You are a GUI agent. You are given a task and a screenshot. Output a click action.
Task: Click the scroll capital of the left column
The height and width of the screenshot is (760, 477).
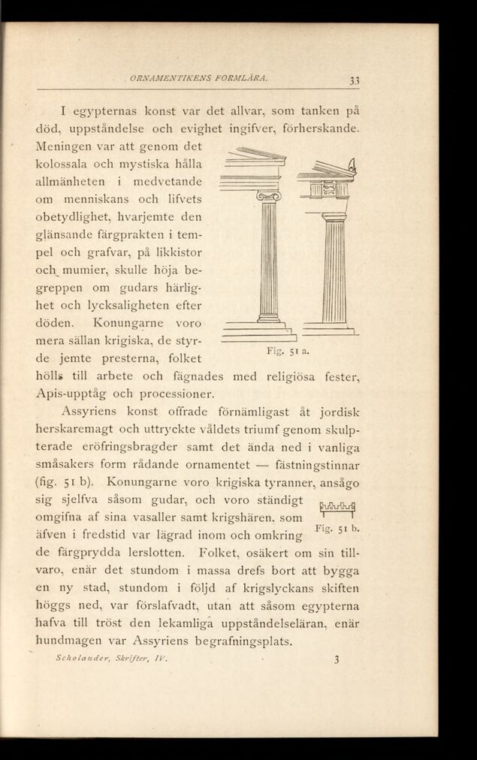(267, 197)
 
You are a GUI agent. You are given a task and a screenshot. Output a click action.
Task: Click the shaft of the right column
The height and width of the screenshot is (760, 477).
(334, 270)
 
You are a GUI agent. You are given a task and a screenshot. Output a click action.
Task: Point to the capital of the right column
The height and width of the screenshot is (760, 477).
(334, 216)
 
